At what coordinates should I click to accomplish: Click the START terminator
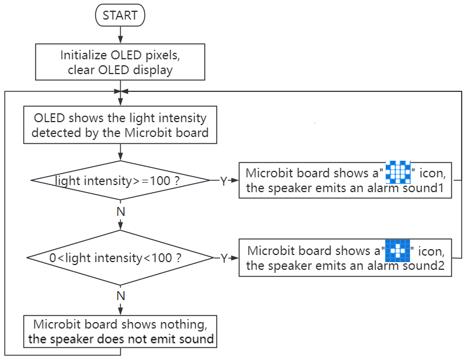pyautogui.click(x=120, y=15)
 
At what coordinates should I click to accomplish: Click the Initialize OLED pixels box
pyautogui.click(x=120, y=62)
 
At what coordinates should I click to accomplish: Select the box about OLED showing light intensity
pyautogui.click(x=120, y=125)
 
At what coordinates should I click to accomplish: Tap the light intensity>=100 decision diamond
pyautogui.click(x=120, y=180)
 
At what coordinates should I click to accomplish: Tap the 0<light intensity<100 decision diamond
pyautogui.click(x=120, y=258)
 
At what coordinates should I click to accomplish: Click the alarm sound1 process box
pyautogui.click(x=345, y=180)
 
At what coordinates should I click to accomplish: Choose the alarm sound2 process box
pyautogui.click(x=345, y=258)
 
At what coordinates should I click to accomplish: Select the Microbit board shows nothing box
pyautogui.click(x=120, y=332)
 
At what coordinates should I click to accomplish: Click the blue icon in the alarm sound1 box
pyautogui.click(x=398, y=172)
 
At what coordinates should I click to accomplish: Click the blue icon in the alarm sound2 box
pyautogui.click(x=398, y=250)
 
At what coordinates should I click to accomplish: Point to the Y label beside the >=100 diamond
pyautogui.click(x=224, y=181)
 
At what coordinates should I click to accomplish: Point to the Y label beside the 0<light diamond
pyautogui.click(x=224, y=258)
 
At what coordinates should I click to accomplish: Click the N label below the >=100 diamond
pyautogui.click(x=120, y=212)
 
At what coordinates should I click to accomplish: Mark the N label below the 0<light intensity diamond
pyautogui.click(x=120, y=296)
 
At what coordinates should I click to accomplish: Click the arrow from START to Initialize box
pyautogui.click(x=120, y=35)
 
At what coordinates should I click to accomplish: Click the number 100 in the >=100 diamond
pyautogui.click(x=160, y=181)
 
